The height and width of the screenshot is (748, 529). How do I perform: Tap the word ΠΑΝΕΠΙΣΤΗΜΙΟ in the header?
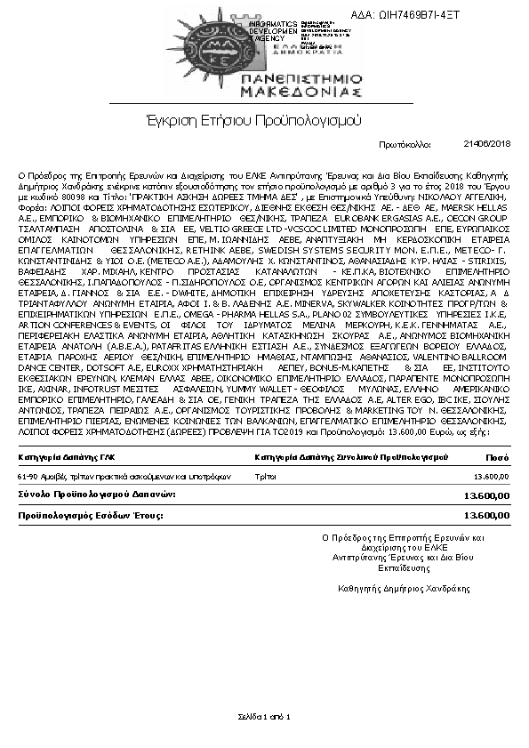[298, 77]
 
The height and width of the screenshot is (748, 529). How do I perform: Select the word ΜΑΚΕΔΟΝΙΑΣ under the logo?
[298, 91]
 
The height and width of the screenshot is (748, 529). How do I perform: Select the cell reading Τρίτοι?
[264, 476]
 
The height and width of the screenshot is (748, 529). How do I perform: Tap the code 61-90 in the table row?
[28, 476]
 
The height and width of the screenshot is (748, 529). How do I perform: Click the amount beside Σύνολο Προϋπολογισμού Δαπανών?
[487, 495]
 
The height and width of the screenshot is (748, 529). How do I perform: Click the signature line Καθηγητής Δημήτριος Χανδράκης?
[404, 587]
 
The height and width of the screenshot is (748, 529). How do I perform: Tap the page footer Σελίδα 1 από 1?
[264, 716]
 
